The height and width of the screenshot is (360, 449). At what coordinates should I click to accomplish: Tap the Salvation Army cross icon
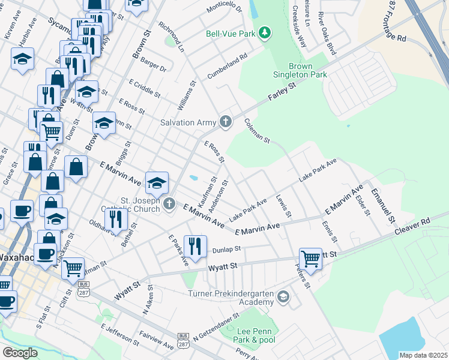tap(226, 122)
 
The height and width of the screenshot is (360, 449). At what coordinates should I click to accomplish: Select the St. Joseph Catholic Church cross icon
tap(170, 205)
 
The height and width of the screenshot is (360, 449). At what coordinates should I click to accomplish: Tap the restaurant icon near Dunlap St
tap(195, 244)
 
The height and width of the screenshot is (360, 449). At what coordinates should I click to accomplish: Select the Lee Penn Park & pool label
tap(255, 336)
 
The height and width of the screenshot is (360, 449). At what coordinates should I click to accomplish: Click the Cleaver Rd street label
tap(412, 226)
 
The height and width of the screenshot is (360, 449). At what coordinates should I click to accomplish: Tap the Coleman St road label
tap(257, 130)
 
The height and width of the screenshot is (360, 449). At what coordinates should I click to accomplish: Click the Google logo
tap(20, 352)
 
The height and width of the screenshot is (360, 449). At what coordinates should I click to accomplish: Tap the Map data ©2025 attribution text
tap(423, 355)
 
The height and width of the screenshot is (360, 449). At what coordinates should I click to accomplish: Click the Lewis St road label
tap(283, 205)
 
